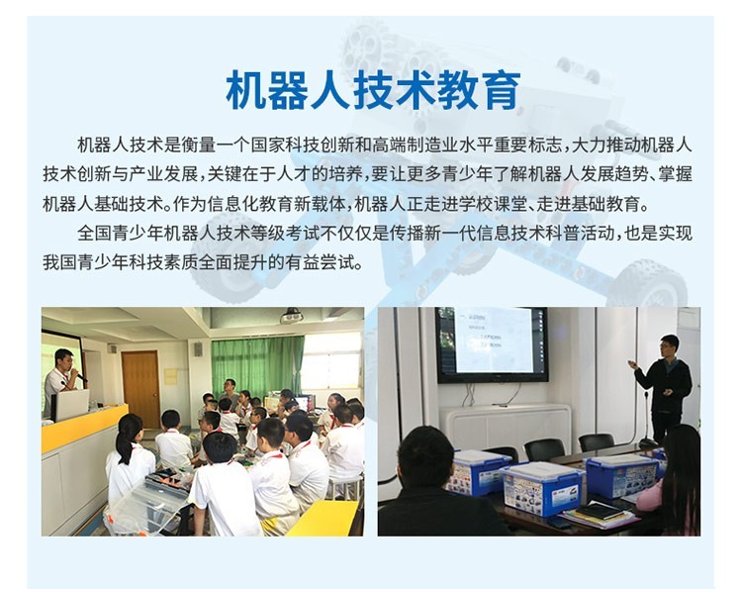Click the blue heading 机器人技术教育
click(373, 90)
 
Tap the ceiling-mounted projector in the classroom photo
click(291, 315)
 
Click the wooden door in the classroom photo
click(140, 389)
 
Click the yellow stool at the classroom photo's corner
click(324, 518)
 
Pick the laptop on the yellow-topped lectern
click(70, 405)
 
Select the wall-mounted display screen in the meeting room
click(492, 344)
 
